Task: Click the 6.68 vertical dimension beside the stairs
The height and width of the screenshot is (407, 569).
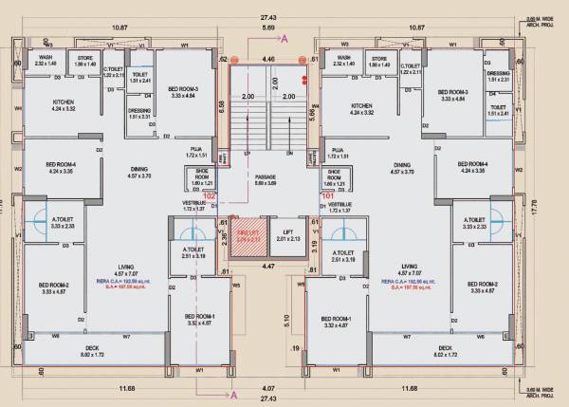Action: pyautogui.click(x=222, y=106)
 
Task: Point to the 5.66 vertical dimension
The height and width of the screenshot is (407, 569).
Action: pyautogui.click(x=314, y=111)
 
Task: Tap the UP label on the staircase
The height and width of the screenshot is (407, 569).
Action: pyautogui.click(x=248, y=153)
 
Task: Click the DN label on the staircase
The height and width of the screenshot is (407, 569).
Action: pyautogui.click(x=289, y=153)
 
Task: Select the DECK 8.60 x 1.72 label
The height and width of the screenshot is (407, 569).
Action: pyautogui.click(x=92, y=351)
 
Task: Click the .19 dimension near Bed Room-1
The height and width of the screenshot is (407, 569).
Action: pyautogui.click(x=296, y=349)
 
